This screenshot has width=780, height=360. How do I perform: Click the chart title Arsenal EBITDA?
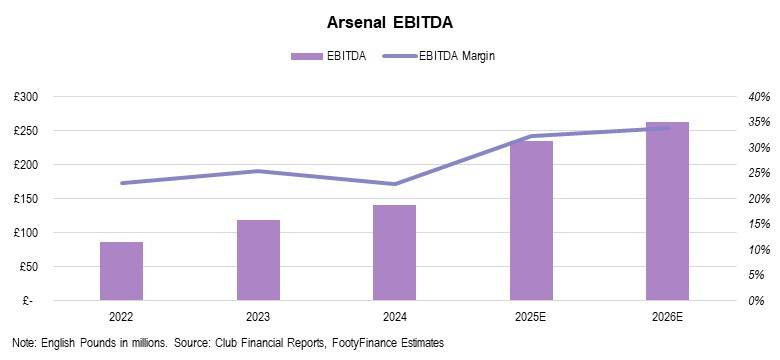(390, 23)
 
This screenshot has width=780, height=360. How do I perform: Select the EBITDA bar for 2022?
(121, 271)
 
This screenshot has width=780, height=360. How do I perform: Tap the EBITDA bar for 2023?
(258, 260)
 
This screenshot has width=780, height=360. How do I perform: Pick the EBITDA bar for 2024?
(394, 253)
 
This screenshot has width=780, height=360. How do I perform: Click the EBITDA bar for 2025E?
(531, 221)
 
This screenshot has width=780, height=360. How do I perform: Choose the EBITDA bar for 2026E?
(668, 211)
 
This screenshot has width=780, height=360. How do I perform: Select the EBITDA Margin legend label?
(457, 56)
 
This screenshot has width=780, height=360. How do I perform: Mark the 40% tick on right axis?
(760, 96)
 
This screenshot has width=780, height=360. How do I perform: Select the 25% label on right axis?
(760, 173)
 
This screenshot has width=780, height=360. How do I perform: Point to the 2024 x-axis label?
(394, 317)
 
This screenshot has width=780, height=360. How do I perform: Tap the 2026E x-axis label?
(668, 317)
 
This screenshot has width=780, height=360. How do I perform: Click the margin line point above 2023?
(258, 171)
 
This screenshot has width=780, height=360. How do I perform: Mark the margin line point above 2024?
(394, 184)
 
